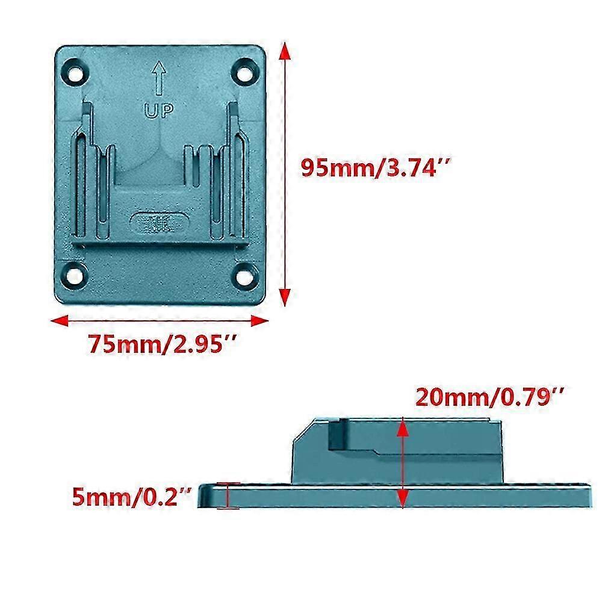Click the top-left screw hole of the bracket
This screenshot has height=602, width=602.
[76, 70]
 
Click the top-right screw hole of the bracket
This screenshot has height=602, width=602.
[246, 70]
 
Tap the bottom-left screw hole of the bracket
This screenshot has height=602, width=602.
[76, 275]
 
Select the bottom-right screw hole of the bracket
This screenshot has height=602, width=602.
[246, 275]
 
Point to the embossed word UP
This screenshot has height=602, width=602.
[159, 110]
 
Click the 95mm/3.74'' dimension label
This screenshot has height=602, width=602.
[368, 168]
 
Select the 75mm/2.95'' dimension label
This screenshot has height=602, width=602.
[162, 345]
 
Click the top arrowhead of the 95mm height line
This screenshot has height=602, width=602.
[287, 52]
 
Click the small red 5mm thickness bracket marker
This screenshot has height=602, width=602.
[228, 495]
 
